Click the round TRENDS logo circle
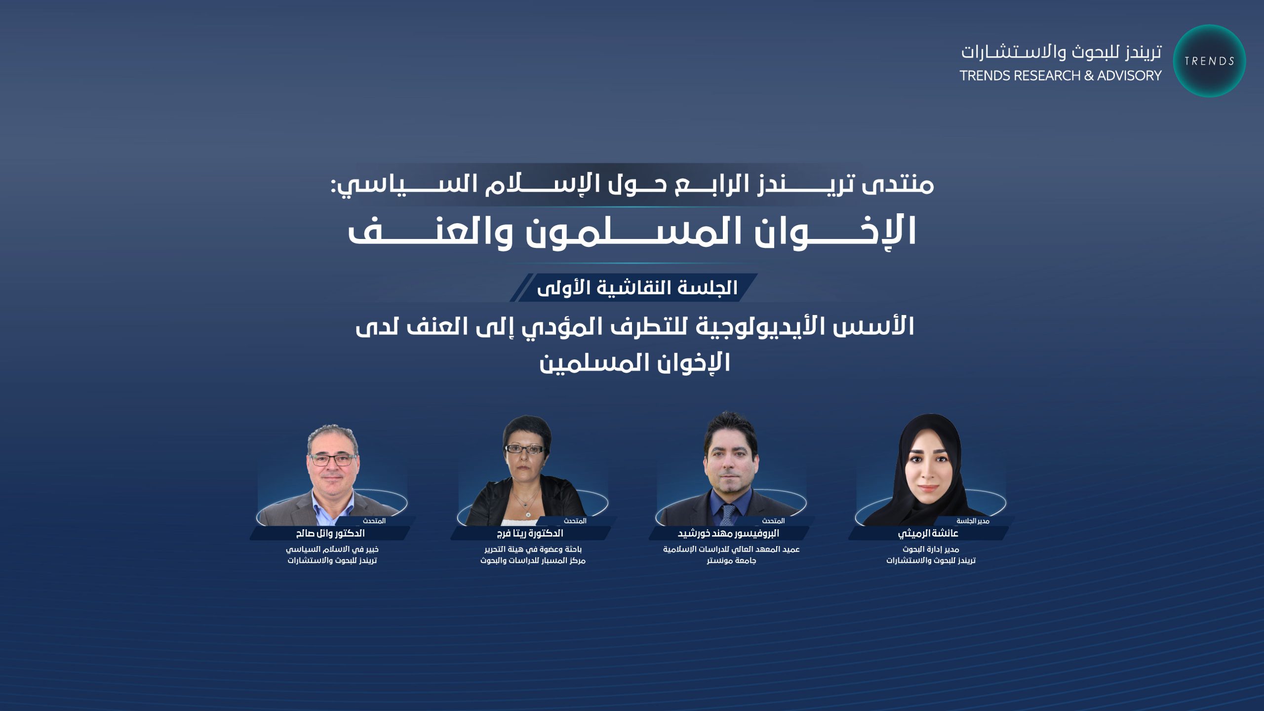[x=1209, y=61]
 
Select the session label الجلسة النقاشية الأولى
[x=637, y=287]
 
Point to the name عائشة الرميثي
[x=928, y=533]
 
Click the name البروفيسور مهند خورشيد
[x=728, y=533]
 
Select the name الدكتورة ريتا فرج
[x=530, y=533]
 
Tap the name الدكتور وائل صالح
[x=330, y=533]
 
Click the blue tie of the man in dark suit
[x=728, y=514]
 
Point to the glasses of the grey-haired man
[x=333, y=460]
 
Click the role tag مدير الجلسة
[x=973, y=521]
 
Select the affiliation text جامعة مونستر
[x=731, y=560]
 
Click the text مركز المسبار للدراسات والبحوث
[x=533, y=560]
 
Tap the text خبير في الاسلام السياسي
[x=332, y=549]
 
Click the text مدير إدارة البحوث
[x=931, y=549]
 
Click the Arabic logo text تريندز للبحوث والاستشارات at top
[x=1061, y=52]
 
